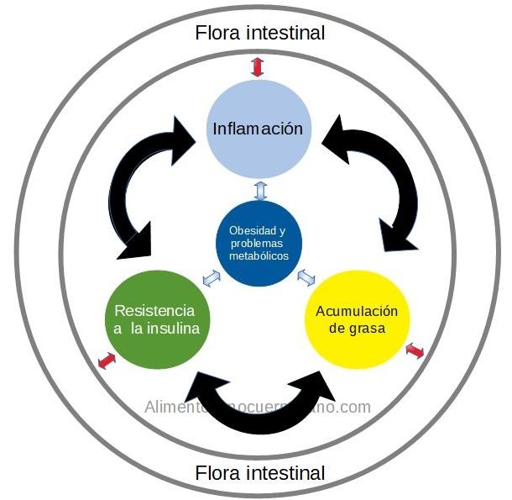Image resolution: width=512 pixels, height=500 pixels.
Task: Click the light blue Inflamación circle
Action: click(x=258, y=129)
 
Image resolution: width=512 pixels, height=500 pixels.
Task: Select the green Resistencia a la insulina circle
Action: click(x=156, y=318)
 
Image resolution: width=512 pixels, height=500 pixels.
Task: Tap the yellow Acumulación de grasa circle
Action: click(x=352, y=318)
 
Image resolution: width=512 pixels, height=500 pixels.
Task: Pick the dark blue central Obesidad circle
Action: click(x=259, y=243)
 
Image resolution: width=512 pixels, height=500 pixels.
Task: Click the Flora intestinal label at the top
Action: click(x=259, y=34)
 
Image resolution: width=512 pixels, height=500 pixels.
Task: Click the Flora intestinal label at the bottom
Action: click(x=259, y=473)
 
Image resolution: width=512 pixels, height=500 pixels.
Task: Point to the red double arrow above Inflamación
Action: click(x=257, y=67)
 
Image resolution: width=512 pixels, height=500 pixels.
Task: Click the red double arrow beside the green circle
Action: click(x=106, y=361)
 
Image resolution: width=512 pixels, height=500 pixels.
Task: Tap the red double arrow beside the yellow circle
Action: click(x=414, y=350)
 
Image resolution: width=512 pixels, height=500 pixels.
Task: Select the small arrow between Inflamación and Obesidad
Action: click(x=259, y=190)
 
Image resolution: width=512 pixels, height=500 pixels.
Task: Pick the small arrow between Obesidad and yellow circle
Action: click(x=306, y=276)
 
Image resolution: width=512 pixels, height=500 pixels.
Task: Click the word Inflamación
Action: click(x=257, y=129)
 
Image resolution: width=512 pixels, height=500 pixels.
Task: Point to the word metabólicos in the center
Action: click(x=259, y=255)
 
